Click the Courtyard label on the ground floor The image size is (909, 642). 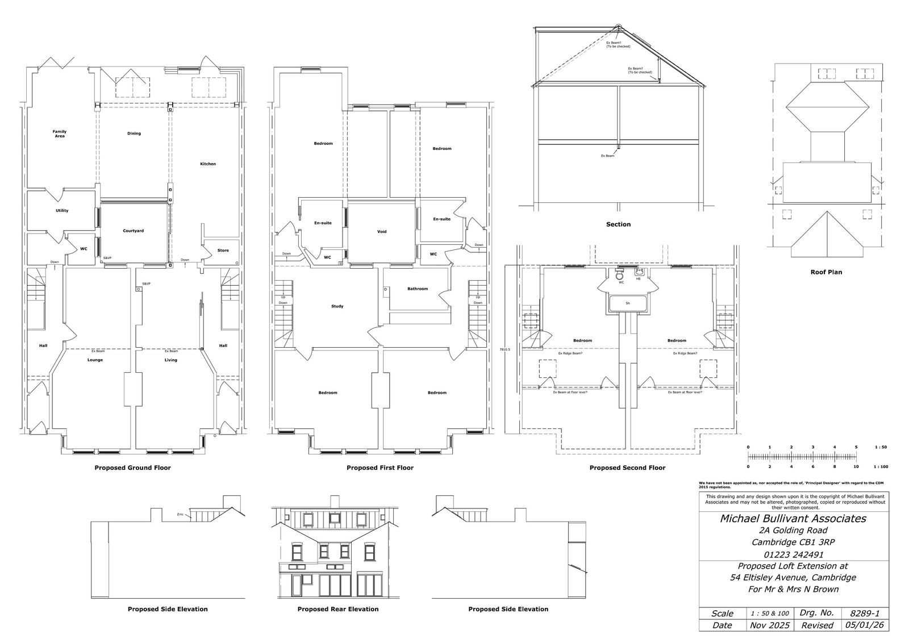click(x=134, y=231)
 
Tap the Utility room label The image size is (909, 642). click(x=62, y=211)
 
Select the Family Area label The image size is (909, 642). click(x=60, y=134)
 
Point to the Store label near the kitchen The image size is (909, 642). click(x=223, y=251)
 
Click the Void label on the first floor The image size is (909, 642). click(x=382, y=232)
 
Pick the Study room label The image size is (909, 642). click(x=337, y=306)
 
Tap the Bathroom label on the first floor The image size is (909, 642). click(x=418, y=289)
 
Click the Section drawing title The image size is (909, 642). click(x=618, y=224)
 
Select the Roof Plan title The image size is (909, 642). click(x=826, y=272)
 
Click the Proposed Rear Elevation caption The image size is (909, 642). click(x=338, y=609)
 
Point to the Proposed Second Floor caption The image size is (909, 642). click(x=627, y=468)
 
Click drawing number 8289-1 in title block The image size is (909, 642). click(x=865, y=614)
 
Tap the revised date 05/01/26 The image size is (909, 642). click(x=865, y=625)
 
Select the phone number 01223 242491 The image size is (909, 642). click(x=793, y=555)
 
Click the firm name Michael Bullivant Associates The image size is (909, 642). click(x=793, y=518)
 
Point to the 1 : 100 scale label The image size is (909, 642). click(x=881, y=466)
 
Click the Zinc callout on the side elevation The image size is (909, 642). click(x=180, y=515)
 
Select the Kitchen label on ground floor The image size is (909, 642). click(x=208, y=164)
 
